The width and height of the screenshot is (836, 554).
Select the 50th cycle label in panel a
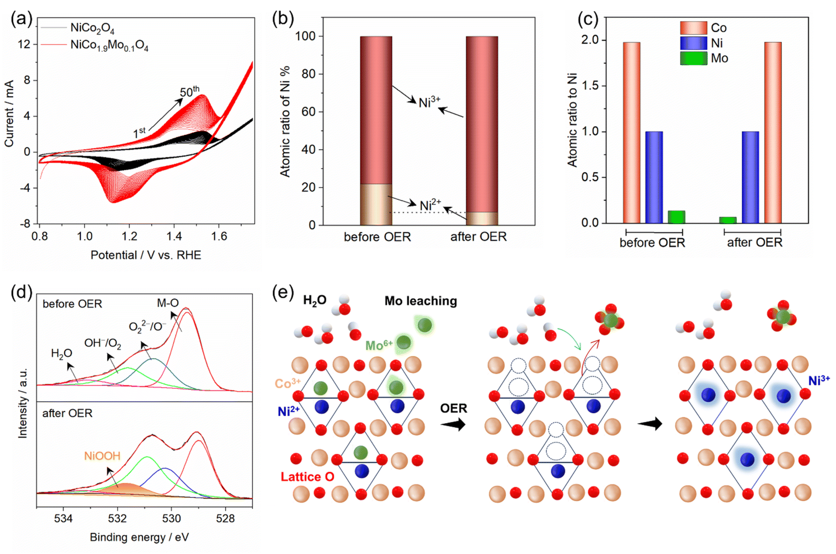[189, 91]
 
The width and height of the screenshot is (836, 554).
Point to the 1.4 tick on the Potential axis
[174, 236]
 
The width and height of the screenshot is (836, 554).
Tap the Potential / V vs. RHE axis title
[146, 255]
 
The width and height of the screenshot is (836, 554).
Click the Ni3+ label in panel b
[429, 103]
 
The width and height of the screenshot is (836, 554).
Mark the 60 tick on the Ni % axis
[308, 112]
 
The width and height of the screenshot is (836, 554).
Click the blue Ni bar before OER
[654, 177]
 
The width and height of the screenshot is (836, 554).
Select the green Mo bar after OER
[728, 220]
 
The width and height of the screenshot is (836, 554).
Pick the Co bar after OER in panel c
[773, 133]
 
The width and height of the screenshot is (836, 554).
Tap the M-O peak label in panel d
[168, 303]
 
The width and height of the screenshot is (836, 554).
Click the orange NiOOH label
[102, 456]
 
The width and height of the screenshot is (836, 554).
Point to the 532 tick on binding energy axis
[117, 518]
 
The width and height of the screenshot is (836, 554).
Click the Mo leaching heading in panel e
[421, 301]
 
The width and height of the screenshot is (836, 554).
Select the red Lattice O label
[307, 477]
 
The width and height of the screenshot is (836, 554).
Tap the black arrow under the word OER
[453, 424]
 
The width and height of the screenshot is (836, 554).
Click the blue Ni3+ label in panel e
[819, 380]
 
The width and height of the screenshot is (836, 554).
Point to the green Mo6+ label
[379, 345]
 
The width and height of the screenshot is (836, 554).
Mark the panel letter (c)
[588, 19]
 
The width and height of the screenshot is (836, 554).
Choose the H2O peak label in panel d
[62, 353]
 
